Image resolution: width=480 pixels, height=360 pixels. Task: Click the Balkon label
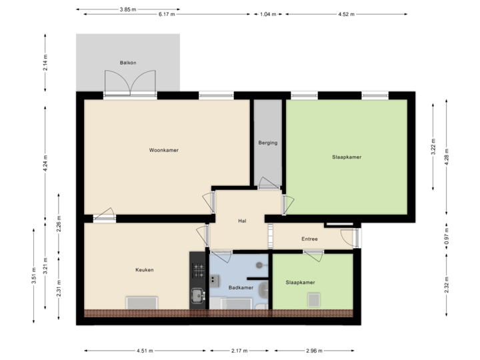pos(128,63)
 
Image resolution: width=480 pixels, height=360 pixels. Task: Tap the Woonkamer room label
pos(163,150)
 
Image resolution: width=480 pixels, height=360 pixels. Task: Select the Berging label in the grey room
pos(268,143)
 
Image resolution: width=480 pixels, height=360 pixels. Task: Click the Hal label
pos(243,221)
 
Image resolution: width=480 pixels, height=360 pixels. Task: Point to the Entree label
pos(309,239)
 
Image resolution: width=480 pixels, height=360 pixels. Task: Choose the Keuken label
pos(145,269)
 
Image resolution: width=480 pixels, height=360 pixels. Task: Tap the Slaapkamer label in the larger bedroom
pos(347,157)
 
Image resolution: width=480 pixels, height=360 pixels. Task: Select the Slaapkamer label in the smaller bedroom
pos(300,282)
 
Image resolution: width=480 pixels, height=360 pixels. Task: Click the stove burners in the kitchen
pos(198,271)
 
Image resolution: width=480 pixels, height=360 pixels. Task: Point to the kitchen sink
pos(197,294)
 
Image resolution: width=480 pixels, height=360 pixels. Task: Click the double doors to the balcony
pos(130,83)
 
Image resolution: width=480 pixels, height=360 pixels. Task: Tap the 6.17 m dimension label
pos(167,14)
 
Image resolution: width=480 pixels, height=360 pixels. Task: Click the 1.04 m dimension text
pos(268,14)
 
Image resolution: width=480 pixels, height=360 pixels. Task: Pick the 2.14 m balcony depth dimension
pos(45,63)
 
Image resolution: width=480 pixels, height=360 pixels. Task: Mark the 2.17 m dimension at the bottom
pos(239,350)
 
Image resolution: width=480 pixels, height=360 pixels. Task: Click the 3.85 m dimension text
pos(128,9)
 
